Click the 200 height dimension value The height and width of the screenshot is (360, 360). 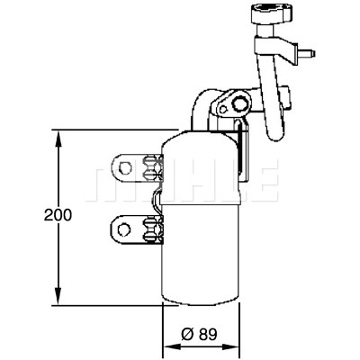coord(58,215)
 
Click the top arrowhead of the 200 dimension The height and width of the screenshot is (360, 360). coord(58,139)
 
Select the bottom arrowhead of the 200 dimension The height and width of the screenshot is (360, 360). coord(58,297)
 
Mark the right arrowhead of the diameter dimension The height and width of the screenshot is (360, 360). coord(231,346)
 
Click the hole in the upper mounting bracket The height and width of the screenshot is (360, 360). coord(125,167)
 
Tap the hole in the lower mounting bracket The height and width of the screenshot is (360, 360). coord(124,230)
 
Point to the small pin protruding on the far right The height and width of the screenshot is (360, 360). coord(307,54)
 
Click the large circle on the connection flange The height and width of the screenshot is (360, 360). coord(239,105)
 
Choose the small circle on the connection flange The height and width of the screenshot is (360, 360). coord(222,109)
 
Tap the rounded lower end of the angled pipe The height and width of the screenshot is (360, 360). coord(274,134)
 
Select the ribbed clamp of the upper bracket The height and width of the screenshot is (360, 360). coord(152,167)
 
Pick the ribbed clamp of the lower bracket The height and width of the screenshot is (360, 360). coord(152,229)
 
